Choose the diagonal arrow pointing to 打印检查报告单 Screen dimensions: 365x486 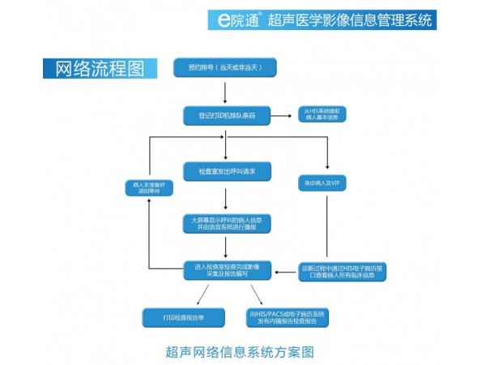[x=197, y=294]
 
